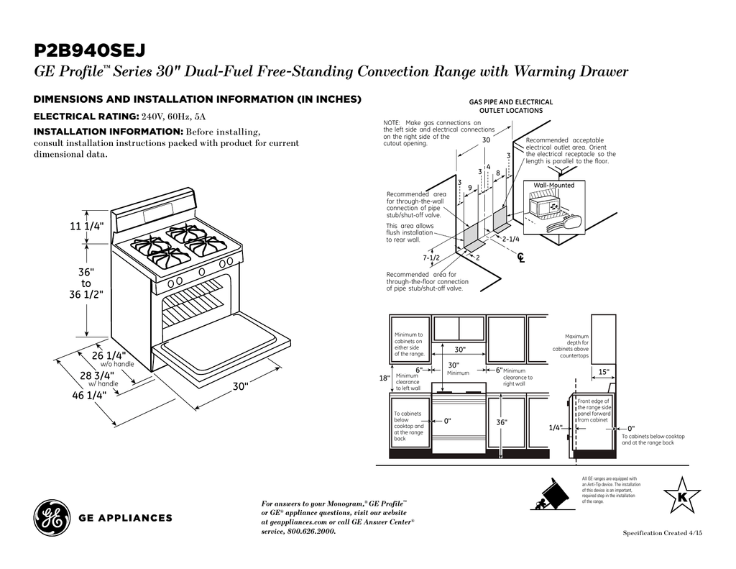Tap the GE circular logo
51,517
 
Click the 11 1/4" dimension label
87,227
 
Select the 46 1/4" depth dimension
89,394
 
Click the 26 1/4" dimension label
109,355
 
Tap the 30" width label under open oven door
240,386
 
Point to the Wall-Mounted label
553,185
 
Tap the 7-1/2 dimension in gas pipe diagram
431,257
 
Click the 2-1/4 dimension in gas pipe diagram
511,238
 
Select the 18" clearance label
384,378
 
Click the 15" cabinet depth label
604,371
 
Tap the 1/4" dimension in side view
556,427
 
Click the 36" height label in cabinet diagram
502,422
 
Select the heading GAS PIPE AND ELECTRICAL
511,102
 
